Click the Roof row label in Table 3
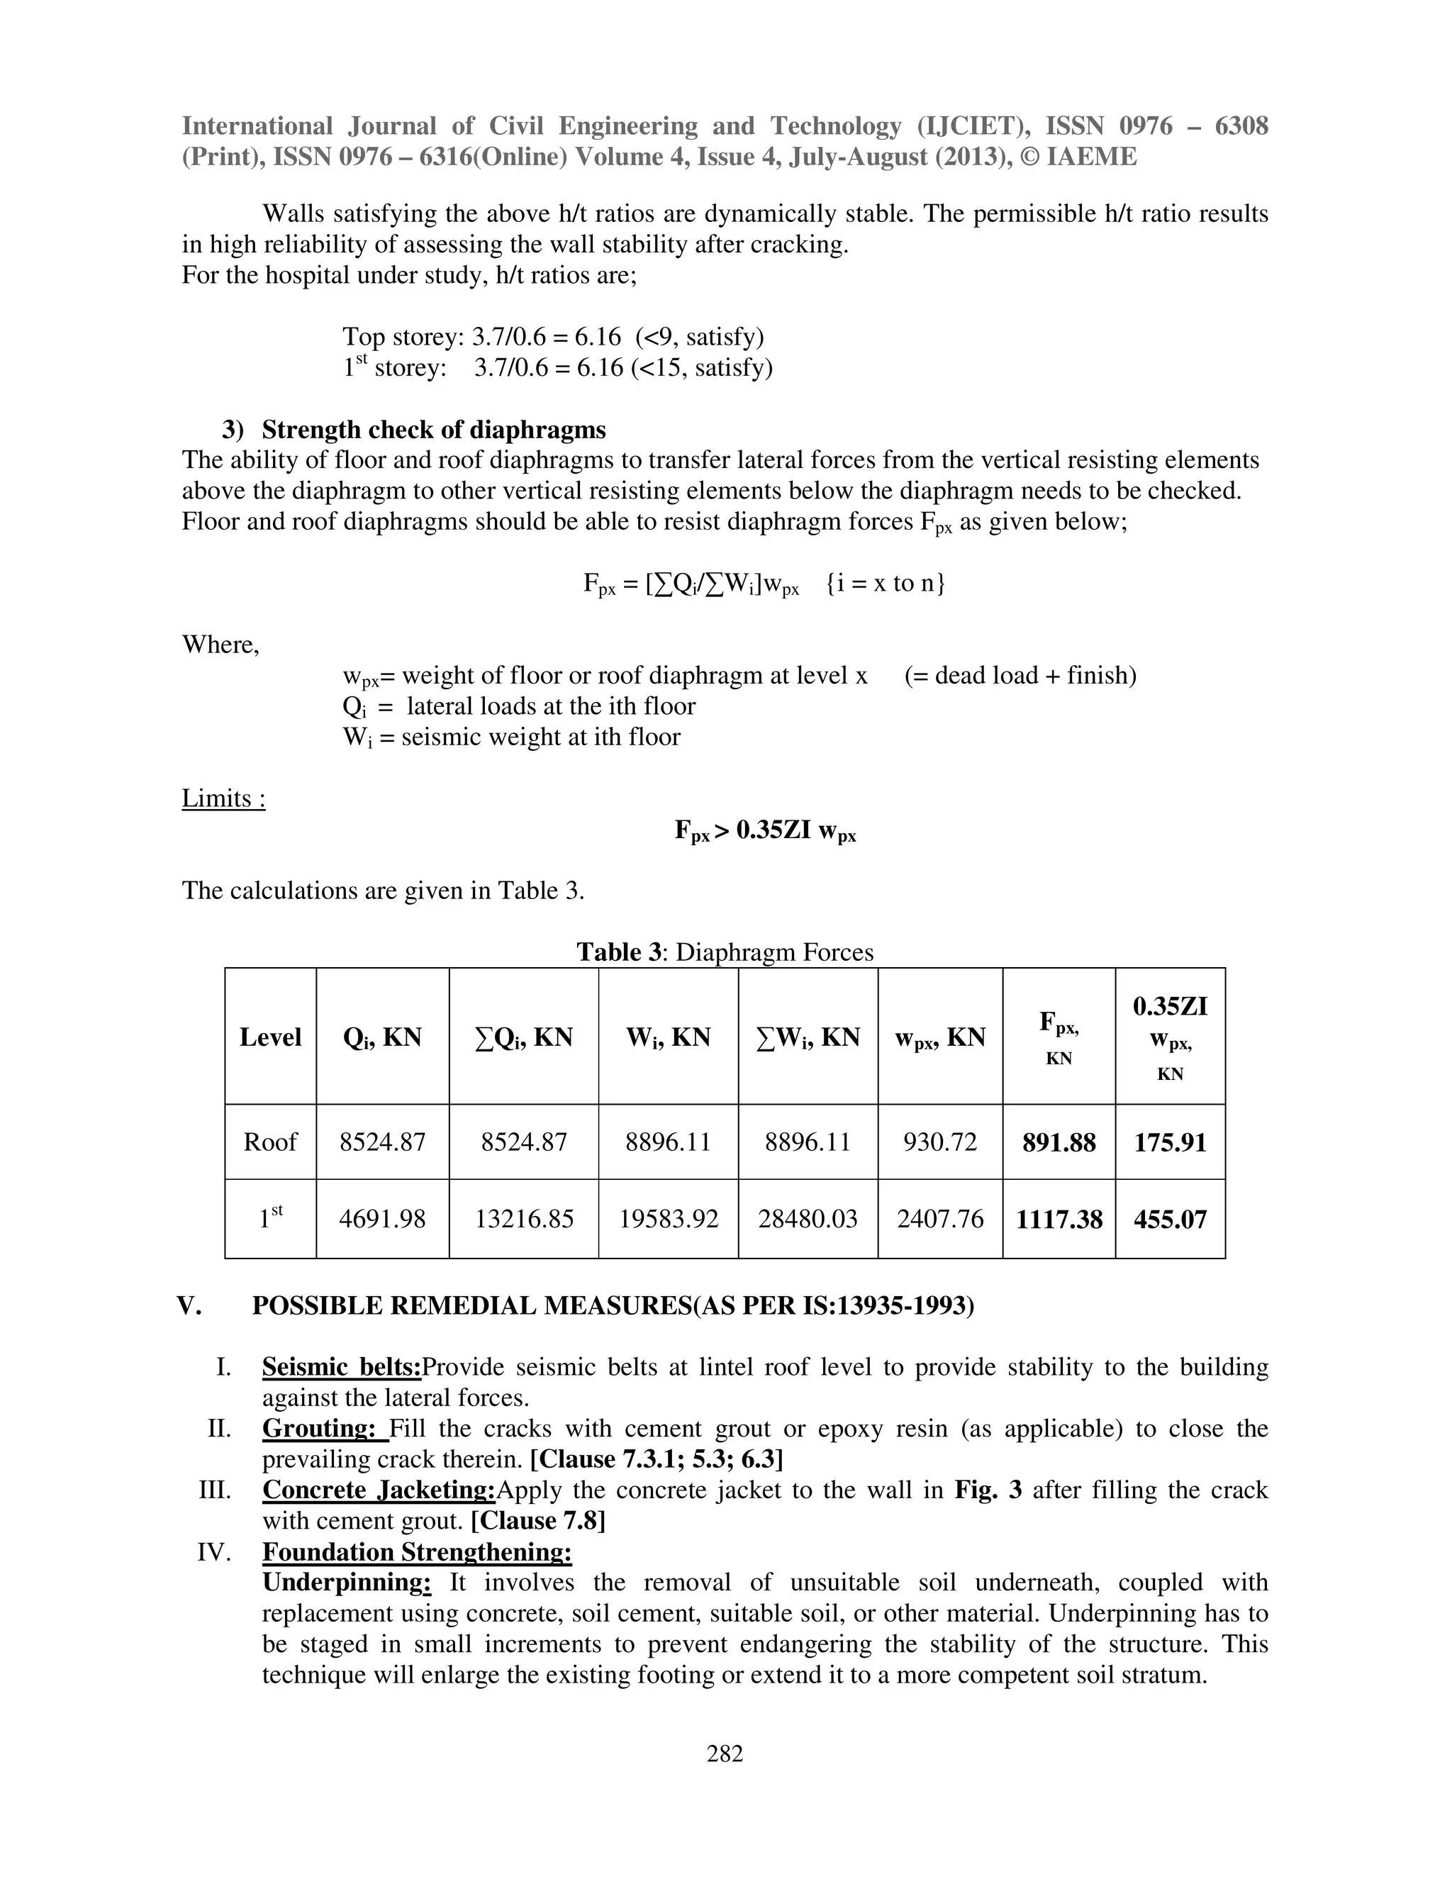coord(270,1142)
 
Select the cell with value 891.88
coord(1059,1142)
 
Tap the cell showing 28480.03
coord(808,1219)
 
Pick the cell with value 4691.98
coord(382,1219)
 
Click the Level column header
coord(270,1037)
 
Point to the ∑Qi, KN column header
coord(523,1037)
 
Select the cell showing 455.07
coord(1170,1219)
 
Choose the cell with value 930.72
coord(940,1142)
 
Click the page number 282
coord(725,1753)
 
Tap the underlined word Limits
coord(223,798)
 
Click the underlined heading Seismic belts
coord(342,1367)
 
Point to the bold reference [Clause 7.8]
coord(537,1520)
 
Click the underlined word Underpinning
coord(346,1582)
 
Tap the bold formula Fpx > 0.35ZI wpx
coord(765,831)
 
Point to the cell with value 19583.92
coord(669,1219)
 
